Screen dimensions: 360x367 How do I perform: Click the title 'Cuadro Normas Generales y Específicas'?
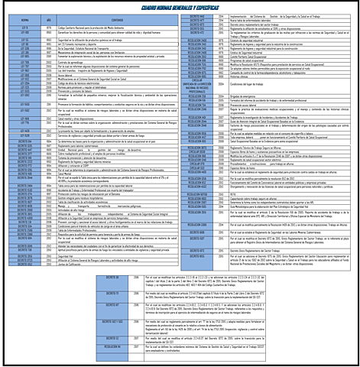click(x=180, y=7)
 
